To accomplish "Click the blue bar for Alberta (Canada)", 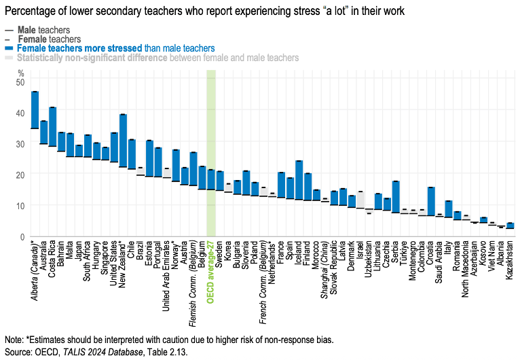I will tap(35, 109).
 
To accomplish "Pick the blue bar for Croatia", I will tap(431, 201).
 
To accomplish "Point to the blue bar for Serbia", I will tap(396, 197).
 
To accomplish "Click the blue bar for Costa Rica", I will tap(52, 126).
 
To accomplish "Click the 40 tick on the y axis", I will tap(20, 113).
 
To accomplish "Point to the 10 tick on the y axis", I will tap(20, 205).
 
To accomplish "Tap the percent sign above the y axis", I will tap(20, 73).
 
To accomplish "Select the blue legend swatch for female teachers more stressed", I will tap(8, 48).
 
